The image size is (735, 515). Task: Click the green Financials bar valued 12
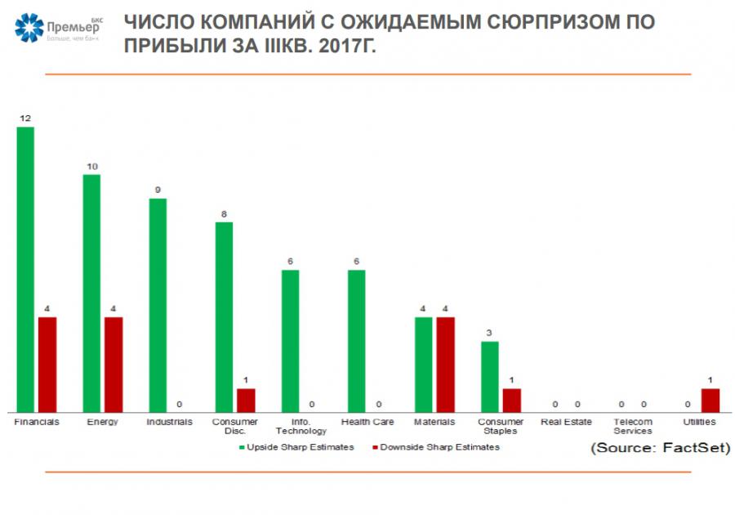(25, 269)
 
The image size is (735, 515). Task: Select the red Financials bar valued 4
(47, 364)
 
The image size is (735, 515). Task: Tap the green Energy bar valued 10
(91, 293)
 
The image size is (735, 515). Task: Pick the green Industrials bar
(158, 304)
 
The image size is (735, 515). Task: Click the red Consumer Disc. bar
(246, 400)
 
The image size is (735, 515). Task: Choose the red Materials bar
(445, 364)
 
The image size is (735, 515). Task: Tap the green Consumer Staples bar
(489, 376)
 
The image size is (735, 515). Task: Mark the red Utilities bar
(710, 400)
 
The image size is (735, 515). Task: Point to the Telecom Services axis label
(633, 426)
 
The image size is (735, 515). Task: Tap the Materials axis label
(434, 422)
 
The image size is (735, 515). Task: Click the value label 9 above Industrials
(158, 190)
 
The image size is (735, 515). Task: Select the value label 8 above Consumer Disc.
(224, 214)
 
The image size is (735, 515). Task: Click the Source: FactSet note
(660, 448)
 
